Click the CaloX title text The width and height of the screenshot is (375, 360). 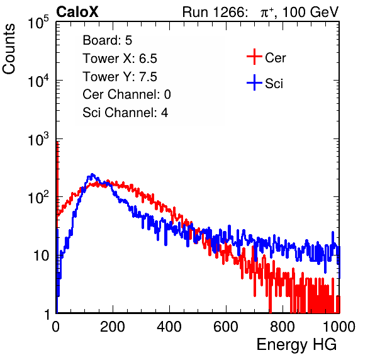[77, 12]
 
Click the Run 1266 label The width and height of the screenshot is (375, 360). [215, 12]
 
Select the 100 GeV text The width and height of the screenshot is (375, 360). [310, 12]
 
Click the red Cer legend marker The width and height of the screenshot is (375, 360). [254, 57]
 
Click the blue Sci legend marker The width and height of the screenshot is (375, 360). [254, 82]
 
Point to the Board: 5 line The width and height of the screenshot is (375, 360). [108, 40]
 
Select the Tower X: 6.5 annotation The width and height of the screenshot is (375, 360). [120, 59]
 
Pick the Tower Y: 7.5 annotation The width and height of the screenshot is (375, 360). [120, 77]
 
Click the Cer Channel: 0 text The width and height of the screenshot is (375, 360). [126, 94]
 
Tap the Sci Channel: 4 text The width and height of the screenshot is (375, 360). [125, 113]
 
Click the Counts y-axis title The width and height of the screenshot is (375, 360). [9, 49]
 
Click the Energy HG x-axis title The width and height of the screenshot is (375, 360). [296, 345]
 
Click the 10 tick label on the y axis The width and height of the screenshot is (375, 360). [42, 256]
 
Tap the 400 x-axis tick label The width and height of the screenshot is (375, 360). [169, 327]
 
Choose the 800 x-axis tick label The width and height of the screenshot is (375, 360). [283, 327]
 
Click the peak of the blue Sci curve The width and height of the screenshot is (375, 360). [92, 174]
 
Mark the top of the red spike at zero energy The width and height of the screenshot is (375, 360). [57, 143]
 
